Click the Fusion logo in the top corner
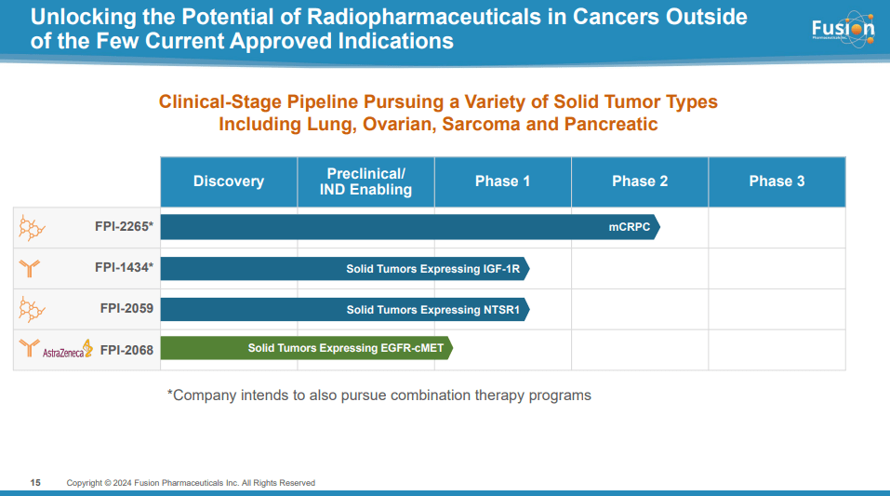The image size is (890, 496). click(843, 29)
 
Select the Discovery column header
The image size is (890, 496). click(229, 181)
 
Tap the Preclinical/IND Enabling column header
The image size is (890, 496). click(365, 181)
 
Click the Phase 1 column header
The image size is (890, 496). click(502, 181)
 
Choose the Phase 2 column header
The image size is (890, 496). click(640, 181)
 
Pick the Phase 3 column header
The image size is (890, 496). click(777, 181)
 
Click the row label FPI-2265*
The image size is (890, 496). click(124, 226)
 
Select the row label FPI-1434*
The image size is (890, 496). click(124, 268)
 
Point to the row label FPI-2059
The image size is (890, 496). click(126, 308)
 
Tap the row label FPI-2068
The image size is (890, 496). click(126, 350)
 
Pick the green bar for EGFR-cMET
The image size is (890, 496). click(307, 349)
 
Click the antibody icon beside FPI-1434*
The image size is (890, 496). click(30, 269)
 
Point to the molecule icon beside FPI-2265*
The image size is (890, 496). click(33, 226)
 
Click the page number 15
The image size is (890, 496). click(35, 483)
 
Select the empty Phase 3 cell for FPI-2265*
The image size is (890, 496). click(777, 227)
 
